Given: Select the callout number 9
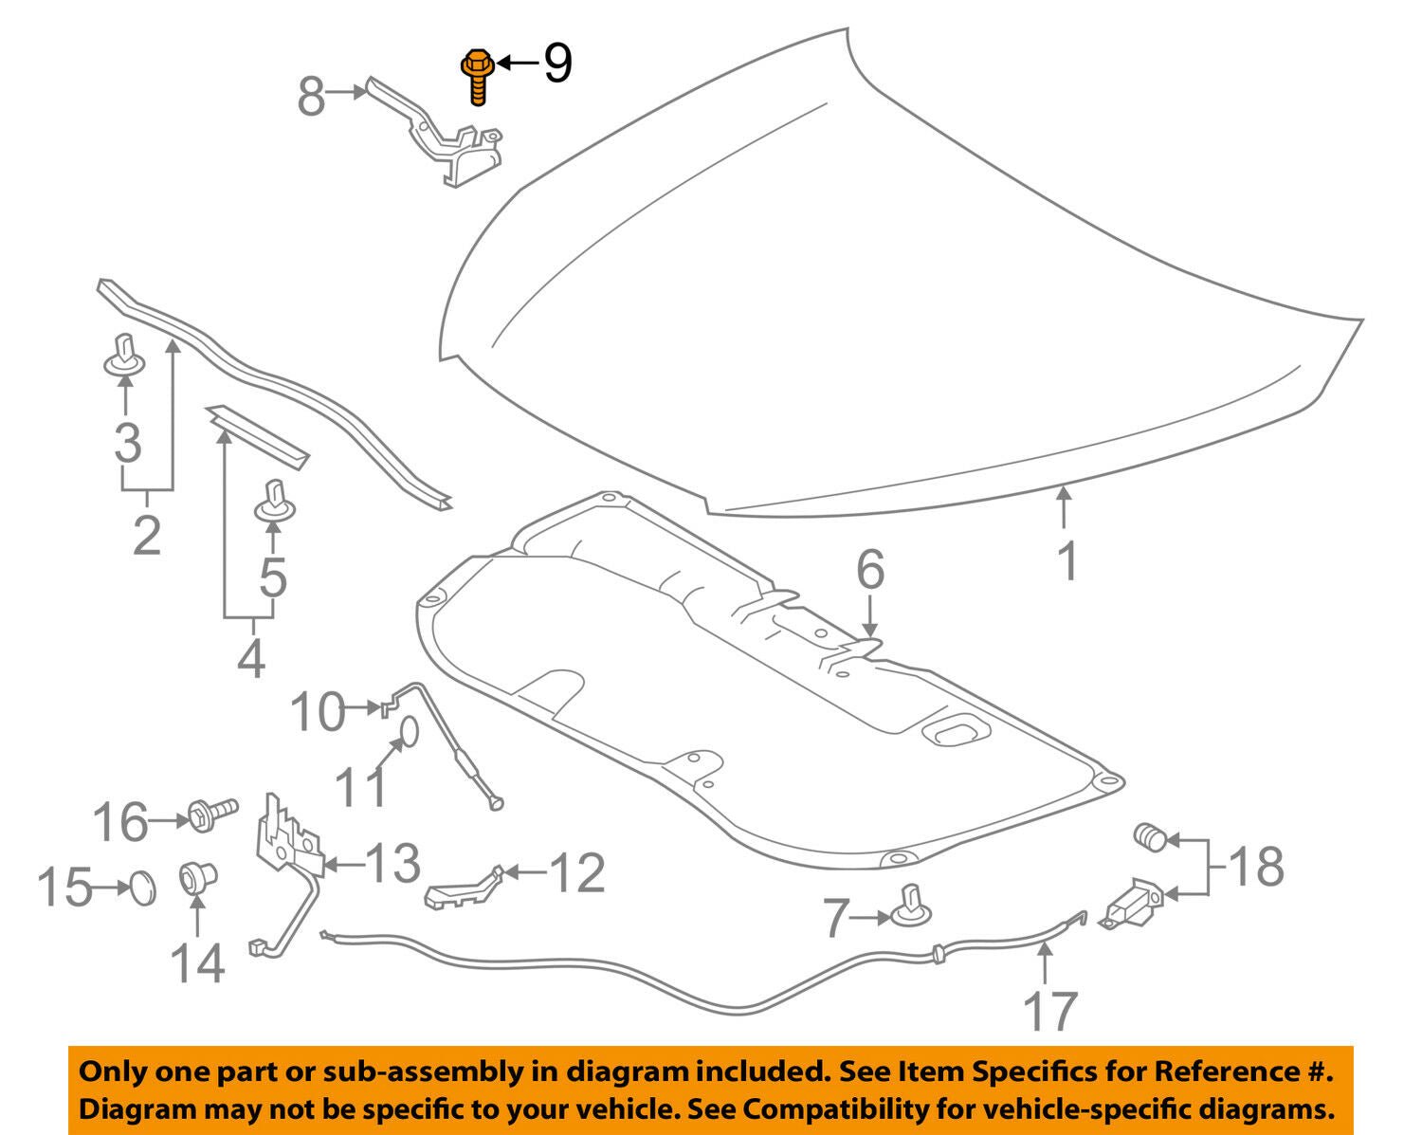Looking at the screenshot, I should click(x=557, y=64).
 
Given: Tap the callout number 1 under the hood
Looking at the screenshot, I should click(x=1067, y=561).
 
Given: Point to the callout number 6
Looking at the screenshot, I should click(x=870, y=570).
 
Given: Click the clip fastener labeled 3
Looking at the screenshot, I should click(x=123, y=356).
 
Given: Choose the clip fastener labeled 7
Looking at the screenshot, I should click(x=910, y=907).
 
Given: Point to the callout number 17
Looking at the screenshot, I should click(x=1050, y=1011).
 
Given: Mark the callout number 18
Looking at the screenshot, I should click(x=1257, y=867).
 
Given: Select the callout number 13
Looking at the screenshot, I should click(x=392, y=863).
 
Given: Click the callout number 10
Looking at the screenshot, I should click(x=318, y=711).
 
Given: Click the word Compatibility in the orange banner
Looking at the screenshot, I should click(x=819, y=1108).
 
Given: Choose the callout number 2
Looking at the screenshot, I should click(x=147, y=535).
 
